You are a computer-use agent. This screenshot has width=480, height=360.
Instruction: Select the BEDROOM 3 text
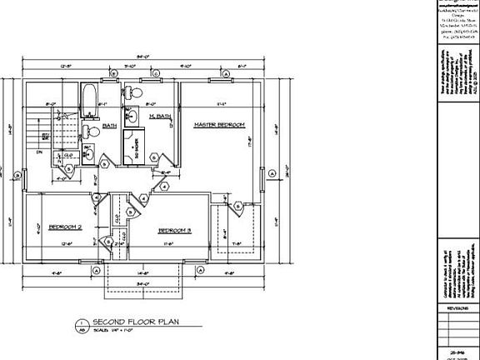(x=175, y=230)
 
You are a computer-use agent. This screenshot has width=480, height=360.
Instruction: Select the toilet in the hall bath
(x=93, y=131)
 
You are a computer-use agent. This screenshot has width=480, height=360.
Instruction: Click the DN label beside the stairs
(x=39, y=153)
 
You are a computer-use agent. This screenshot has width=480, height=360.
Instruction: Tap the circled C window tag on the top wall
(x=157, y=73)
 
